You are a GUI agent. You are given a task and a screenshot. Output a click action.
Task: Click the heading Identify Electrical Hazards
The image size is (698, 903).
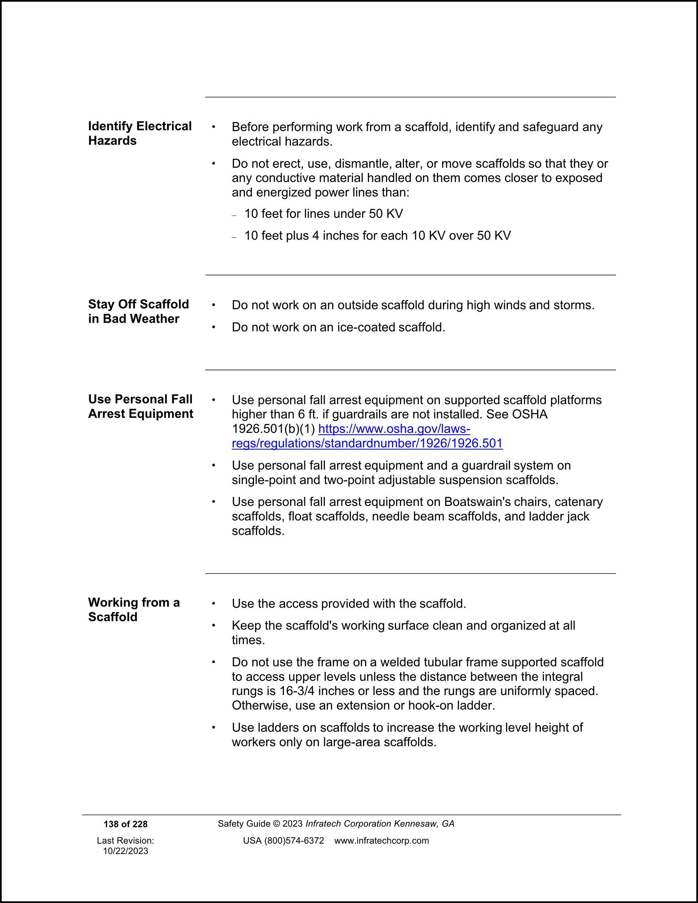[140, 133]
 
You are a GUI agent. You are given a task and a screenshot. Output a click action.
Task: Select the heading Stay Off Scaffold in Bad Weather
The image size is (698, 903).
[138, 311]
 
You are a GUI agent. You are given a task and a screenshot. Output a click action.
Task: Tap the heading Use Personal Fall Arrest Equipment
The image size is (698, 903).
[140, 406]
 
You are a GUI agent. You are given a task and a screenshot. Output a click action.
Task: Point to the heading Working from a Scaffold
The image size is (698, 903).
[134, 609]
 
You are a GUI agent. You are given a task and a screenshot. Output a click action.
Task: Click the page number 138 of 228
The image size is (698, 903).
[125, 824]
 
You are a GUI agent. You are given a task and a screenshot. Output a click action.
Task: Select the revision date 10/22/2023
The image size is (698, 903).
[125, 851]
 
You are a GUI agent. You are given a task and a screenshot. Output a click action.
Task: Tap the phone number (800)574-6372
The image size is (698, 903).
[294, 840]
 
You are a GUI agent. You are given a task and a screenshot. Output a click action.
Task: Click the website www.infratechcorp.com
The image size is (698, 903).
[381, 840]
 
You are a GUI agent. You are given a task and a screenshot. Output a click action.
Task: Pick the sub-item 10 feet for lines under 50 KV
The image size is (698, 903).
[323, 214]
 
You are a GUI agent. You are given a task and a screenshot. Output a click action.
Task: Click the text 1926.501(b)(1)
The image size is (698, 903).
[273, 429]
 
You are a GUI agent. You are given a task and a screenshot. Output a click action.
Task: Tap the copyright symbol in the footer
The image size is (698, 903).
[276, 824]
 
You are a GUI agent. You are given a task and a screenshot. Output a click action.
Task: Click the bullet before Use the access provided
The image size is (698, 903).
[213, 604]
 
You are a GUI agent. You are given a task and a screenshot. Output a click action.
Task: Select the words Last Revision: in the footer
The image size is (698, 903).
[125, 840]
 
